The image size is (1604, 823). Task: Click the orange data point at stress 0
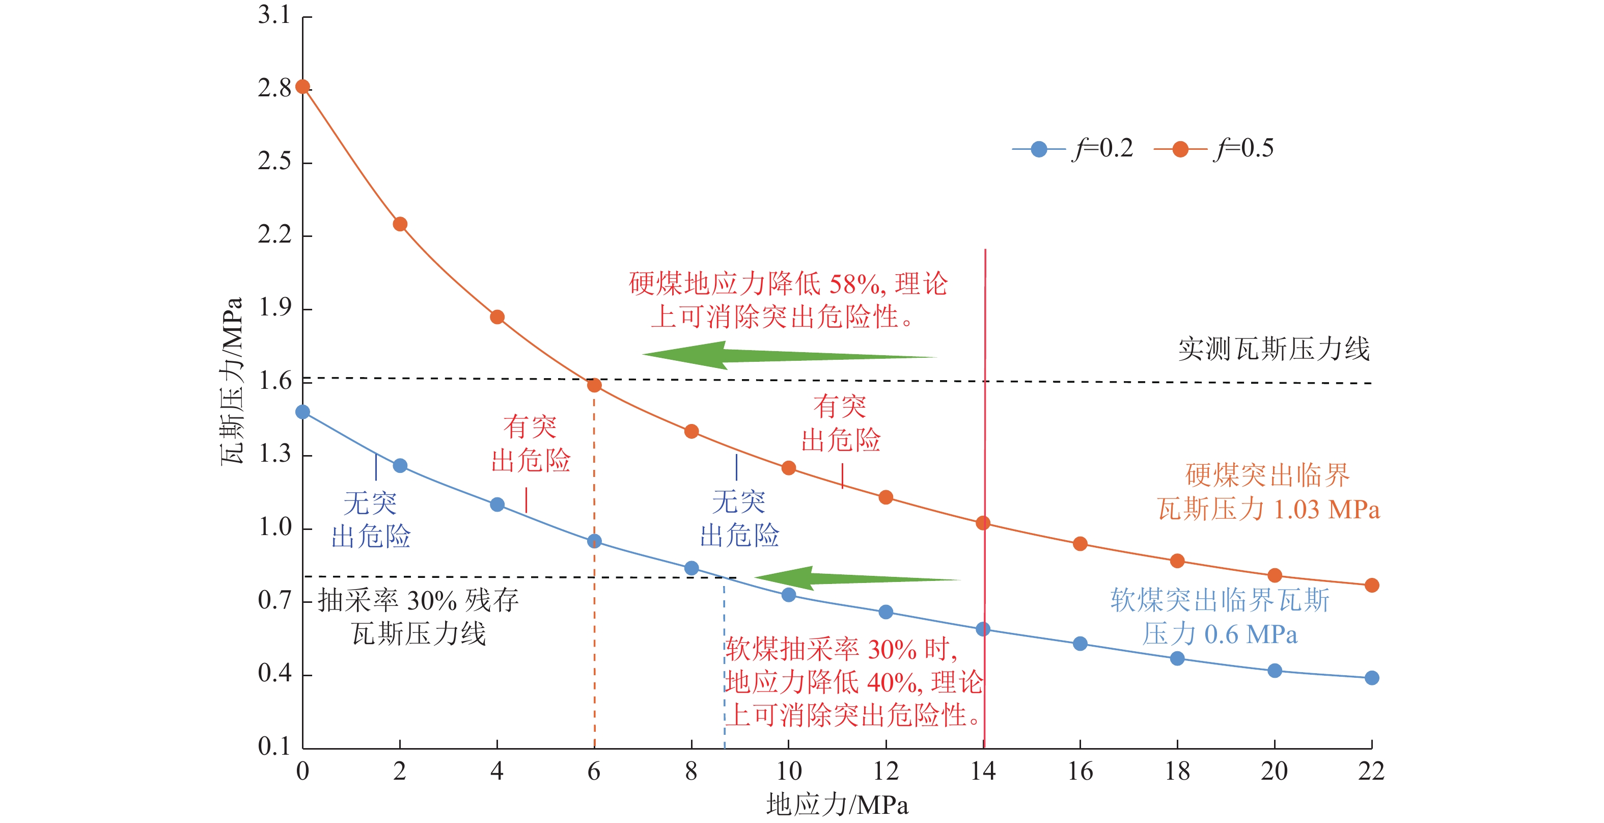[302, 87]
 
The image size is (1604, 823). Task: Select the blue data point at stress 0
[302, 412]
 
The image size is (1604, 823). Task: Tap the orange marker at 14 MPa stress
[983, 523]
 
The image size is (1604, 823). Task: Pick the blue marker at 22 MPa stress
[1371, 678]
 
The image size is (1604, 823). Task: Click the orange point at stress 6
[594, 385]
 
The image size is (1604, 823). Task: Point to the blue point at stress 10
[788, 595]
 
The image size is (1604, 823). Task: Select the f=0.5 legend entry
[1214, 149]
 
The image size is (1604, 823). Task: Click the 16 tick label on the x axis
[1080, 772]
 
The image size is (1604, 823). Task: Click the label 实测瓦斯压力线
[1274, 349]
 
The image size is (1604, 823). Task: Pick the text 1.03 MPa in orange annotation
[1326, 510]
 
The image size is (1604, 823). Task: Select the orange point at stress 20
[1274, 575]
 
